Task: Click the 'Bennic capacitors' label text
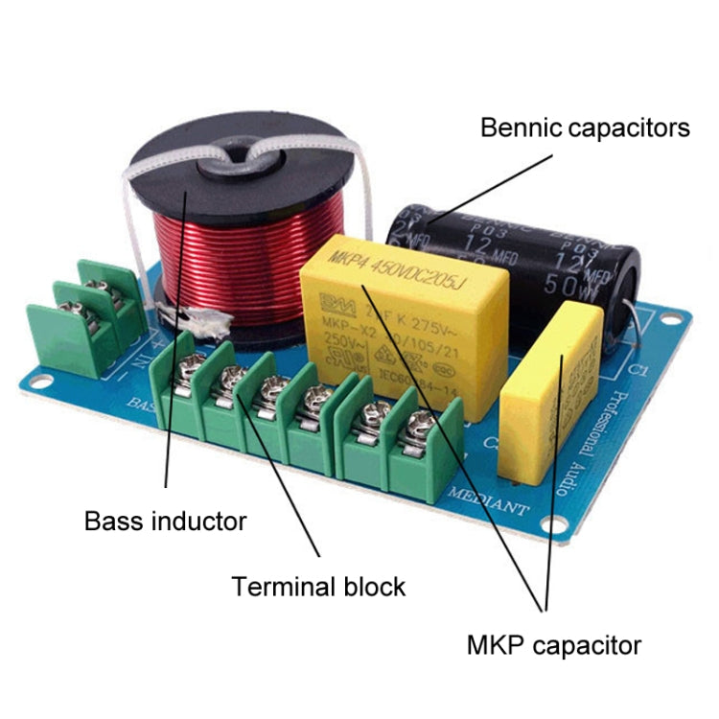(x=584, y=127)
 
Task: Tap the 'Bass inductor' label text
(x=165, y=522)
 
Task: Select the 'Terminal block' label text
(x=318, y=586)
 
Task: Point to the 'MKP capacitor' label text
(x=553, y=645)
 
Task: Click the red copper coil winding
(x=235, y=259)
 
